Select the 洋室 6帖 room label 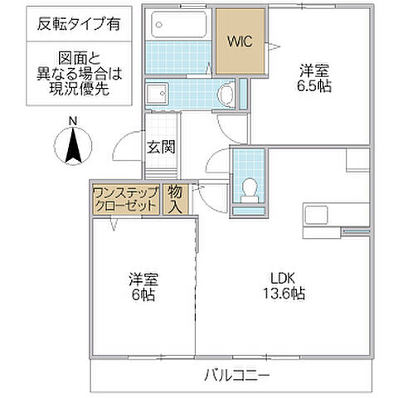coord(142,286)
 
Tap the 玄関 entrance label coord(159,148)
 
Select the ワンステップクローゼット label coord(125,199)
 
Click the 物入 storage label coord(175,198)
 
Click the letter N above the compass coord(72,123)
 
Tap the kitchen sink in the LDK coord(317,214)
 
